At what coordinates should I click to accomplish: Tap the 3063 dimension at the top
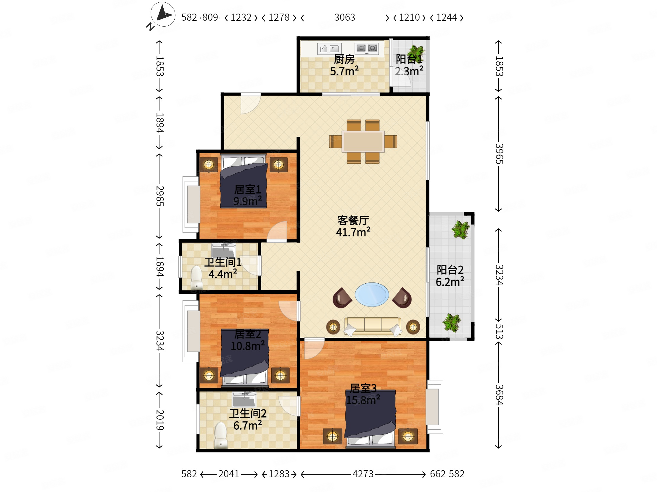pyautogui.click(x=344, y=17)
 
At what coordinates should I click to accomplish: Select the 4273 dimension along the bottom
pyautogui.click(x=363, y=474)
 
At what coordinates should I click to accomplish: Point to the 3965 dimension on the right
pyautogui.click(x=499, y=154)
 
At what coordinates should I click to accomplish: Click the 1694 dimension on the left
pyautogui.click(x=160, y=266)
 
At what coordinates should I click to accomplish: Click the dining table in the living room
pyautogui.click(x=363, y=142)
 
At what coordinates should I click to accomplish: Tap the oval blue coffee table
pyautogui.click(x=372, y=295)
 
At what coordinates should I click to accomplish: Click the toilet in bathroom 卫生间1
pyautogui.click(x=196, y=277)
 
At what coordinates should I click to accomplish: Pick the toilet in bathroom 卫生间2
pyautogui.click(x=221, y=435)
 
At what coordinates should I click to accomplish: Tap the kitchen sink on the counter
pyautogui.click(x=329, y=48)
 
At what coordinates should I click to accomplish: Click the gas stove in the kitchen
pyautogui.click(x=367, y=48)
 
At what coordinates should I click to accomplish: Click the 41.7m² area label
pyautogui.click(x=353, y=232)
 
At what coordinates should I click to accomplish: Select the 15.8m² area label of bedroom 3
pyautogui.click(x=363, y=400)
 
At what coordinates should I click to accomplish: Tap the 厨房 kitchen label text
pyautogui.click(x=344, y=59)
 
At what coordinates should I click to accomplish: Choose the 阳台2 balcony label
pyautogui.click(x=450, y=270)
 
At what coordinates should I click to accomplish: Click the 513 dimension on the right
pyautogui.click(x=499, y=332)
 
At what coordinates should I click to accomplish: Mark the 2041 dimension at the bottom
pyautogui.click(x=229, y=474)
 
